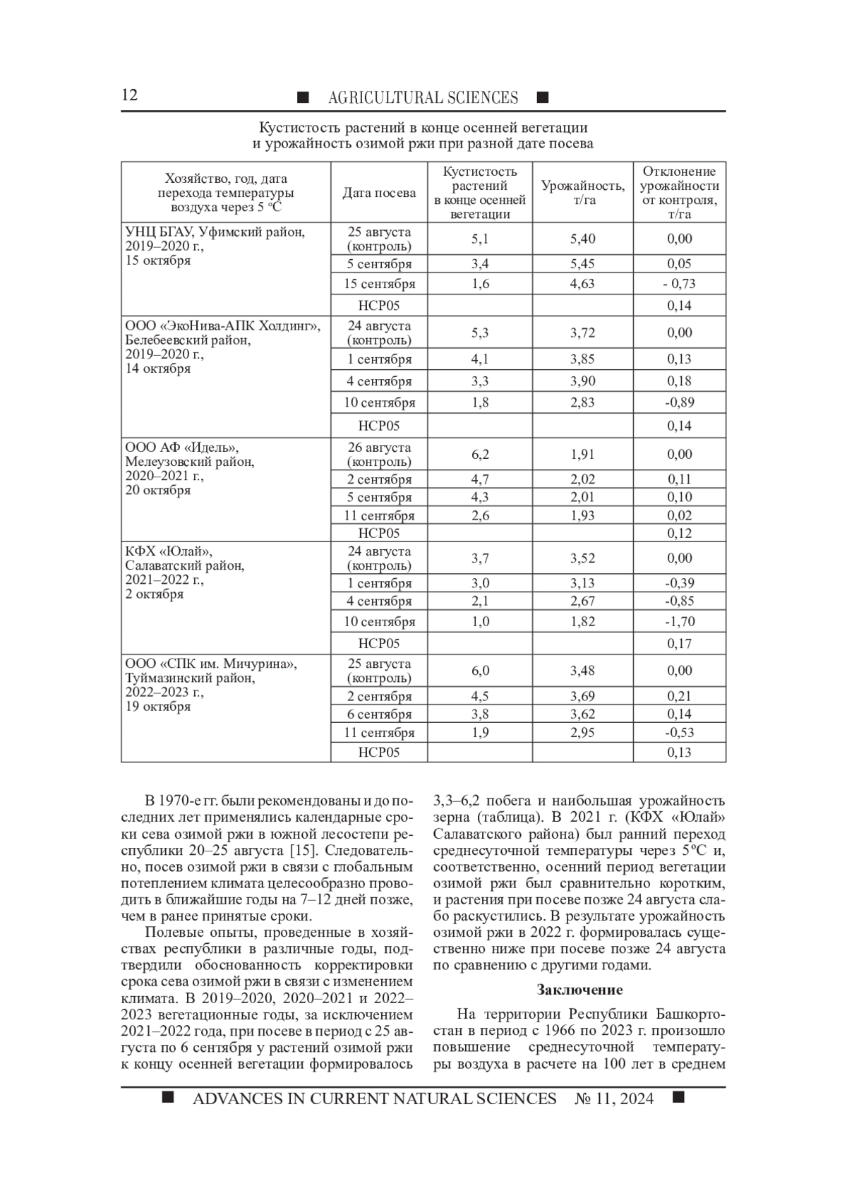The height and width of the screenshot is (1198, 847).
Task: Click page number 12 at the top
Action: coord(130,96)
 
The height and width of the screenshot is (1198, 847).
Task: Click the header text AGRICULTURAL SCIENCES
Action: coord(423,97)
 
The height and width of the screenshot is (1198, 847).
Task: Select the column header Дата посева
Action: coord(379,193)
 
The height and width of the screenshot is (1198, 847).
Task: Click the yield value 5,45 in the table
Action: coord(582,263)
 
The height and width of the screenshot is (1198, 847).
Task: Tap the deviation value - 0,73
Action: coord(679,284)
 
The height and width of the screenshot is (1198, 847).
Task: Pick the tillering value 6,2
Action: coord(480,454)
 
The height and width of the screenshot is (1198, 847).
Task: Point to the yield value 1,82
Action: coord(582,621)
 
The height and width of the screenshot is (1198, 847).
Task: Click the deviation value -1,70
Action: coord(679,621)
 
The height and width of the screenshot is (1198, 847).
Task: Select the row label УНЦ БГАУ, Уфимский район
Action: coord(215,232)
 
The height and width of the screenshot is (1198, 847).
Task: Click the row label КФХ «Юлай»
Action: coord(168,551)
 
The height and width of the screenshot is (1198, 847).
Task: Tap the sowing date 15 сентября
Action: coord(379,284)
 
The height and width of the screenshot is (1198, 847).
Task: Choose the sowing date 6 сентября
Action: coord(379,714)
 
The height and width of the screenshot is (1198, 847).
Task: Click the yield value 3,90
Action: coord(582,381)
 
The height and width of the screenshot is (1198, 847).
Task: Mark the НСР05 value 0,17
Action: coord(679,643)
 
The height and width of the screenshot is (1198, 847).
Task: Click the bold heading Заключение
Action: coord(579,990)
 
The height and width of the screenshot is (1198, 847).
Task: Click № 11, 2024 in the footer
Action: coord(614,1098)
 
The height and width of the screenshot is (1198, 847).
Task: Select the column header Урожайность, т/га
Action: coord(582,193)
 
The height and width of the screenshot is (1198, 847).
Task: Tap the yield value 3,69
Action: coord(582,696)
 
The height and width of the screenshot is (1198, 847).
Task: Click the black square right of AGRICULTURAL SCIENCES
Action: coord(542,97)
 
